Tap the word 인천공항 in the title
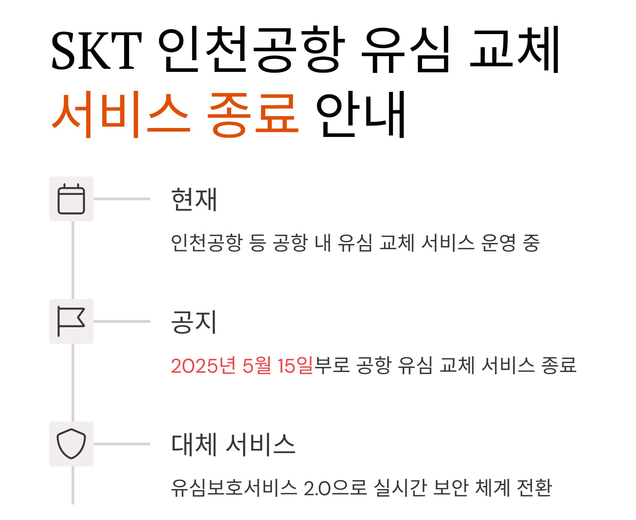(251, 50)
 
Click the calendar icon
(71, 199)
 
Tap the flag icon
(71, 321)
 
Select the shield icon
(71, 444)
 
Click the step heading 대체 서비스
(233, 444)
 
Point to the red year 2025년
(203, 365)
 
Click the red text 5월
(257, 365)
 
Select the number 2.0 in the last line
(317, 488)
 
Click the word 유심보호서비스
(234, 488)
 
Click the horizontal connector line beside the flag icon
(122, 321)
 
